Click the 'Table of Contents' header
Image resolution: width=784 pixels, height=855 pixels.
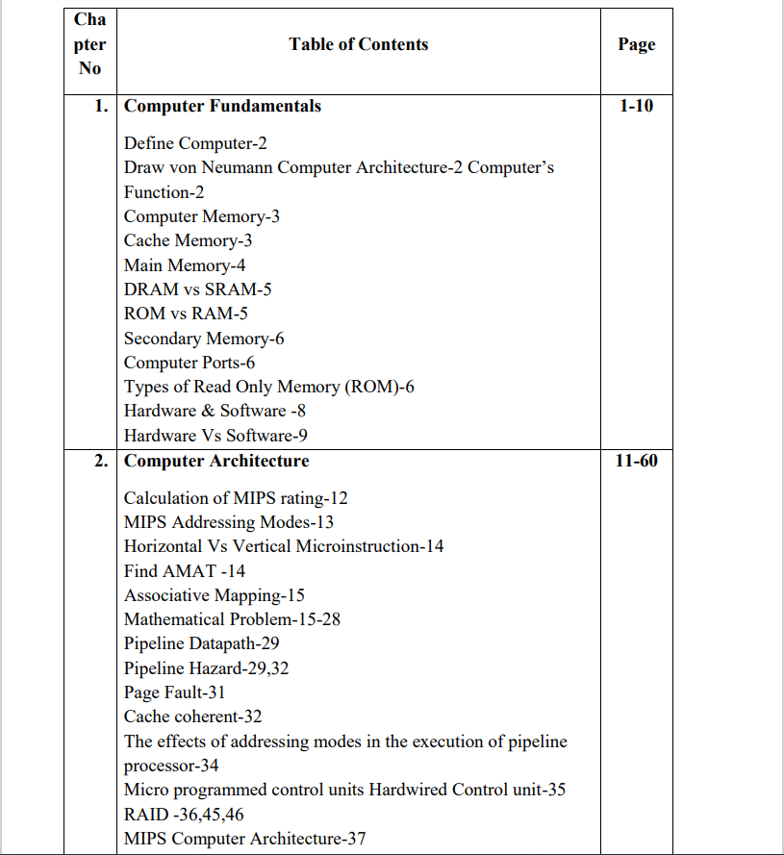click(358, 44)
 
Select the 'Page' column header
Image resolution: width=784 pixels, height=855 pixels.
click(636, 44)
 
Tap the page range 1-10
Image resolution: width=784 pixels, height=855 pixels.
click(636, 106)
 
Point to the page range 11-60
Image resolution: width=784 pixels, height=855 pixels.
click(636, 461)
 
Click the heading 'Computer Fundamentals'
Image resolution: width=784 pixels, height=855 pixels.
click(223, 106)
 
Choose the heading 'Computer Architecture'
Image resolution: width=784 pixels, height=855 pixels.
click(216, 461)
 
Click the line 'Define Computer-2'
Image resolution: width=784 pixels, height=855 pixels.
click(195, 143)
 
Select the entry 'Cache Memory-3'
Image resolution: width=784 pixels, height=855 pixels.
click(189, 240)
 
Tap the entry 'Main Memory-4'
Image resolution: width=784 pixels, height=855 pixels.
click(185, 265)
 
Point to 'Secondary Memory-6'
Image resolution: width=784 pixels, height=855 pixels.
click(204, 339)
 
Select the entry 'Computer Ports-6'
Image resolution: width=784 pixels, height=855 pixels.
click(190, 363)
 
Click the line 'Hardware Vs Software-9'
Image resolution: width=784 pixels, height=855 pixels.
click(215, 436)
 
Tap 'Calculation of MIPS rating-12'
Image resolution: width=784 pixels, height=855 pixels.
click(236, 498)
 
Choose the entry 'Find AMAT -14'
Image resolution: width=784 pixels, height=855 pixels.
click(185, 570)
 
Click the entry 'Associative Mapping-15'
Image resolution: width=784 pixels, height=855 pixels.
click(215, 595)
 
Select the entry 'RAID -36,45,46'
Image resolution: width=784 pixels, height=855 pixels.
click(184, 814)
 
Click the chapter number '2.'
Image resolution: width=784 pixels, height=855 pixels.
click(101, 461)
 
